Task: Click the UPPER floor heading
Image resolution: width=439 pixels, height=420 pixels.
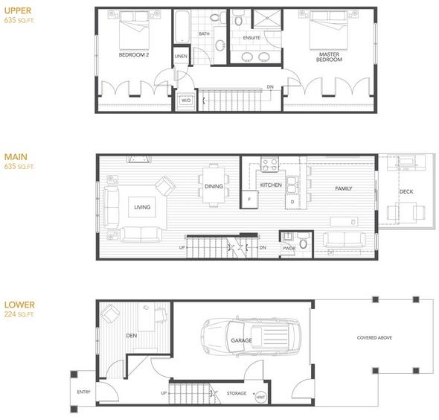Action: [18, 11]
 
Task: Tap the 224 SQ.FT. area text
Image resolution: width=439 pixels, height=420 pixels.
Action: [19, 314]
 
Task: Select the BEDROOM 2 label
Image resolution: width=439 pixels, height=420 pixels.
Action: [134, 55]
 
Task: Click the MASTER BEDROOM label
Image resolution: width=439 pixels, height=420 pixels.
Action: [329, 57]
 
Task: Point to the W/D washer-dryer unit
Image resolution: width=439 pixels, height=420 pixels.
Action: [186, 101]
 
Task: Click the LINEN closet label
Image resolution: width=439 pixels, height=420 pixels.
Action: [181, 57]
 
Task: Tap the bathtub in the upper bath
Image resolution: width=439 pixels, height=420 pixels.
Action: [182, 27]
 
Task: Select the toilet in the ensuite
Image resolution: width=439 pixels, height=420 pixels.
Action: [238, 17]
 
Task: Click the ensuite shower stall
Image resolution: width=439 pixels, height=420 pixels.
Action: [267, 18]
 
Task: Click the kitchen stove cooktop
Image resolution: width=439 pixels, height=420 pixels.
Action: [269, 165]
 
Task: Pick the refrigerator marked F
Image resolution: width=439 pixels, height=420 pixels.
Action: [249, 200]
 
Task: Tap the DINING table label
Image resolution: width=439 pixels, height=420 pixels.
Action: [214, 186]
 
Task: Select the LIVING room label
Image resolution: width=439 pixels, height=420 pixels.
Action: [142, 207]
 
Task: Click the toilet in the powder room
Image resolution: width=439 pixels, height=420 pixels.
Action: [304, 241]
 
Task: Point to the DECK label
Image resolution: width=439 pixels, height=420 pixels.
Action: [406, 191]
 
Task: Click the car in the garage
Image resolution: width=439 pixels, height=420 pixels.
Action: [251, 337]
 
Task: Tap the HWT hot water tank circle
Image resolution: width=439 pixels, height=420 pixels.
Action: [260, 397]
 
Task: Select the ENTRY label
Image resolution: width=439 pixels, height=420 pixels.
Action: [84, 392]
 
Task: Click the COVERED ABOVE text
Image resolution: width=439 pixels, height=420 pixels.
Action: [374, 338]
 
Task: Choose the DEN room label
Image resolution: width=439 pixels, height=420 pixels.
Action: [132, 335]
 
